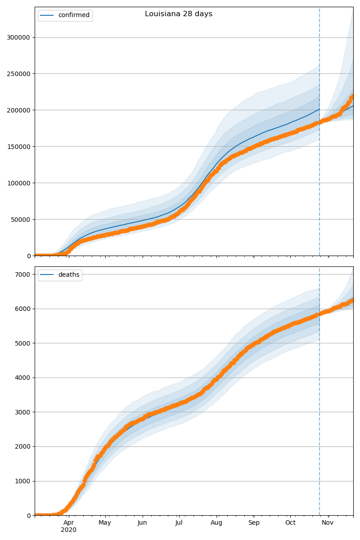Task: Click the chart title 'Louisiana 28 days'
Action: coord(179,14)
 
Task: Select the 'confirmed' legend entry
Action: coord(74,15)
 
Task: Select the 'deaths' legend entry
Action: coord(68,275)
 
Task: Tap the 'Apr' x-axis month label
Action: coord(68,522)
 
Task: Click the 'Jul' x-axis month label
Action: coord(179,522)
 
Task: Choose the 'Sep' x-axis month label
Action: coord(254,522)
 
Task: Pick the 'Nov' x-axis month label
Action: coord(328,522)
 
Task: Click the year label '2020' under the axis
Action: coord(68,530)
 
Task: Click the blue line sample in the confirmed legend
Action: coord(47,15)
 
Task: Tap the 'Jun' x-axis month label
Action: coord(142,522)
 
